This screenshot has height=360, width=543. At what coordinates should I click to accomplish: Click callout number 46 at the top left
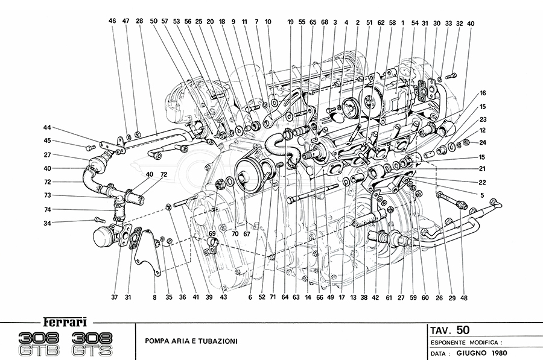click(x=112, y=21)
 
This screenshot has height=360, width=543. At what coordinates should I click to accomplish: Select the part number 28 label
click(x=139, y=21)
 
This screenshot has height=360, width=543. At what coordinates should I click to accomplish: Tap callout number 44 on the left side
click(x=47, y=127)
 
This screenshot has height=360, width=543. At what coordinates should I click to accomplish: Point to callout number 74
click(x=47, y=209)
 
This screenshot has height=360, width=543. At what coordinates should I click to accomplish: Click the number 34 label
click(x=47, y=223)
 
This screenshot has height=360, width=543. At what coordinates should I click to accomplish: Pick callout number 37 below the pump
click(x=114, y=297)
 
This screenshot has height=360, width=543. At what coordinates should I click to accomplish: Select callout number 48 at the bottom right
click(x=463, y=297)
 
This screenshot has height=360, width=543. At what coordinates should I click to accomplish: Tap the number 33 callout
click(x=448, y=23)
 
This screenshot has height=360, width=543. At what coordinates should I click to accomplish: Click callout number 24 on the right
click(x=482, y=142)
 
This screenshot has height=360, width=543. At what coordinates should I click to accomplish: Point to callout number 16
click(x=482, y=93)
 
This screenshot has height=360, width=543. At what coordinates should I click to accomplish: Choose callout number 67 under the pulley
click(x=246, y=233)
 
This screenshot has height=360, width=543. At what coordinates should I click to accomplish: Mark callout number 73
click(x=47, y=195)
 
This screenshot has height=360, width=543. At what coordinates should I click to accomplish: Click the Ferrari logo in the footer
click(x=66, y=321)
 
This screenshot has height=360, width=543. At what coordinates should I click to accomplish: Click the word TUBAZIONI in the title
click(x=212, y=341)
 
